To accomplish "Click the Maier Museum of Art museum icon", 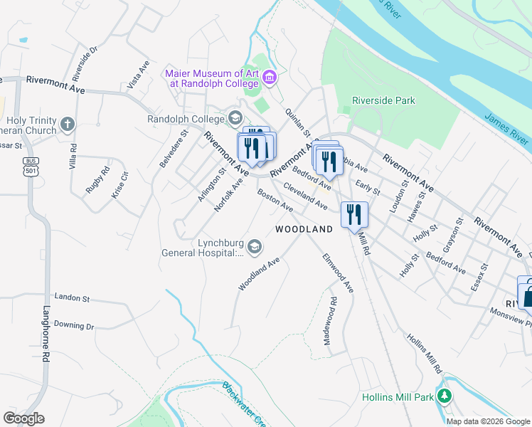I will click(269, 77).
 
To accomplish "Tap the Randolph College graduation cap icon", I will click(235, 118).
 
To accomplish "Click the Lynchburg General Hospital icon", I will click(255, 247).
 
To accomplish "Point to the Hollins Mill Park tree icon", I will click(445, 396).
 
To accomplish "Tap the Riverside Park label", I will click(384, 100).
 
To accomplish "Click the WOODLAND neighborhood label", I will click(304, 229).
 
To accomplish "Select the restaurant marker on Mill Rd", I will click(353, 214).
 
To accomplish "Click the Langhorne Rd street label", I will click(45, 327).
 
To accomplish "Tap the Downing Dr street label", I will click(74, 325).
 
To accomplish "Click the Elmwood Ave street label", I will click(338, 273).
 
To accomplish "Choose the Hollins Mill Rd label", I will click(425, 354).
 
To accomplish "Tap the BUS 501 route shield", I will click(29, 166).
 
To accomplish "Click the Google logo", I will click(24, 418).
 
